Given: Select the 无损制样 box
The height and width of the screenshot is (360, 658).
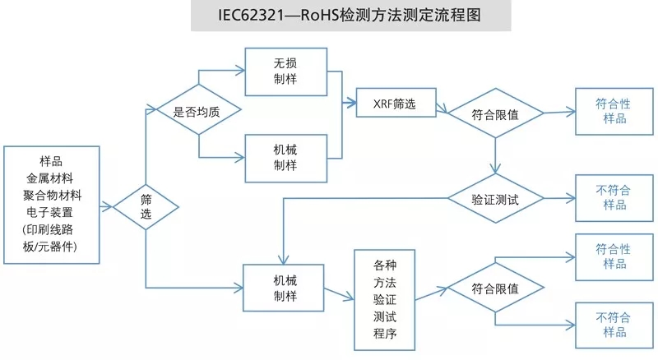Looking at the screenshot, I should (x=285, y=72).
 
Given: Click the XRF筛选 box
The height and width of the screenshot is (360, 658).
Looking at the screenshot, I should (x=397, y=104).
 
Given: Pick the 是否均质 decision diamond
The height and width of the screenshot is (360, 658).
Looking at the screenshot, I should (x=197, y=111).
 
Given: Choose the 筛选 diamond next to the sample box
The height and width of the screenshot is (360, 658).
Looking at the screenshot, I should (x=146, y=206).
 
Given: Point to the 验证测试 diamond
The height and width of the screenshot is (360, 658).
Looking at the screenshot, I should (x=494, y=199).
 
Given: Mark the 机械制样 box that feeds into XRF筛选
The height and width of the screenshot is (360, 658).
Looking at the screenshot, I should (x=285, y=157).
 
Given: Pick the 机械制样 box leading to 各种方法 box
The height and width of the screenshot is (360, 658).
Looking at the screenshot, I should (x=285, y=287).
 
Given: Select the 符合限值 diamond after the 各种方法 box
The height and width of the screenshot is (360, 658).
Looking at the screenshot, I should (x=494, y=289).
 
